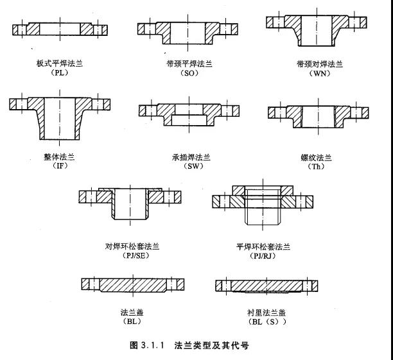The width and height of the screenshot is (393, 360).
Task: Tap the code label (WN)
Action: coord(319,73)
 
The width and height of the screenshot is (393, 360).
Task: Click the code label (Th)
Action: coord(319,166)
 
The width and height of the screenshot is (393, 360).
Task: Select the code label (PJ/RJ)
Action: coord(263,255)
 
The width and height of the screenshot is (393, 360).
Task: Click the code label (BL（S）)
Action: coord(266,321)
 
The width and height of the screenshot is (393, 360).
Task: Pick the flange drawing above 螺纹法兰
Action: coord(319,114)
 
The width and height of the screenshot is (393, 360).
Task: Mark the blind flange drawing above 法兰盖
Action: coord(133,284)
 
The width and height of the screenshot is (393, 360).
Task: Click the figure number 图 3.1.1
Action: coord(146,345)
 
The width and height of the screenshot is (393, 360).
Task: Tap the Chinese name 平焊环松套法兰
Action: coord(263,246)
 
